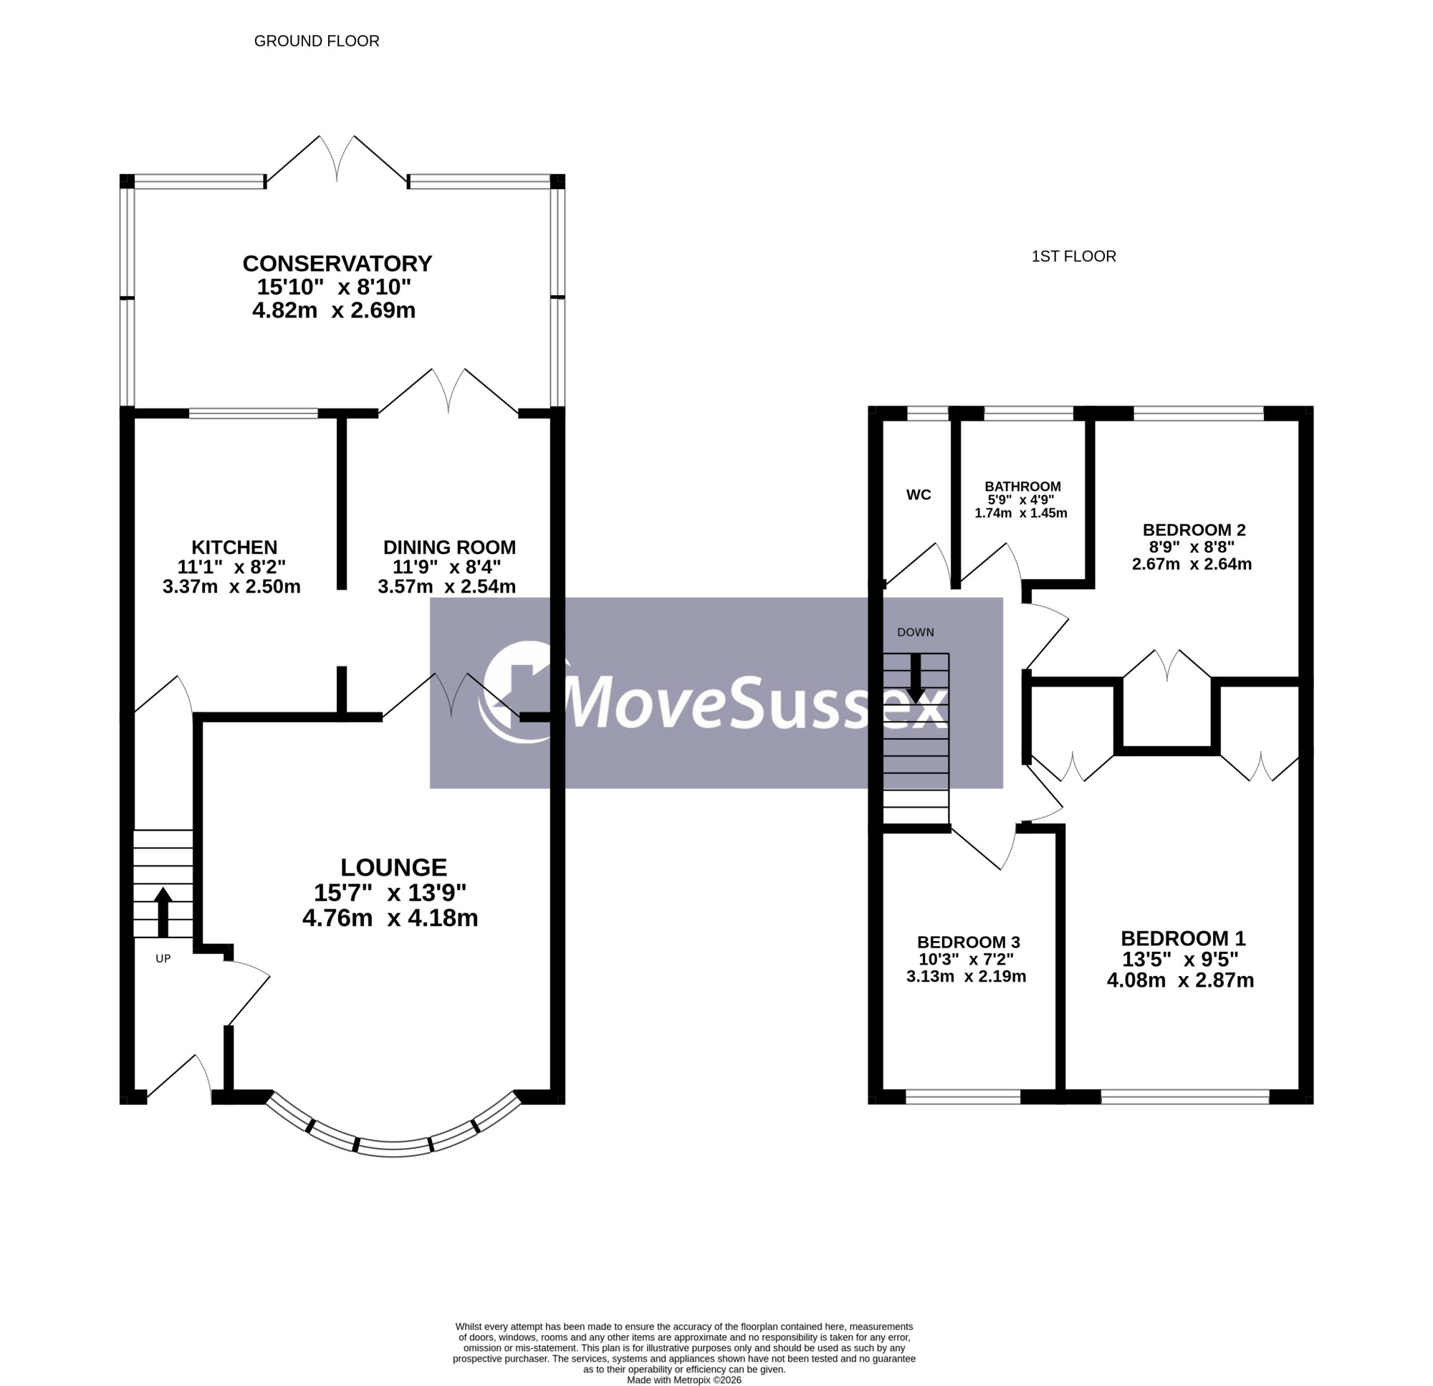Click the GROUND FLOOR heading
pyautogui.click(x=317, y=41)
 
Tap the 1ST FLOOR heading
pyautogui.click(x=1073, y=257)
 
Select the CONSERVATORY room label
pyautogui.click(x=337, y=263)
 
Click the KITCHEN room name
pyautogui.click(x=234, y=547)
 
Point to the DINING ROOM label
pyautogui.click(x=449, y=547)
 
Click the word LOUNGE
pyautogui.click(x=393, y=867)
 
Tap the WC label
pyautogui.click(x=919, y=495)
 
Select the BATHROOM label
pyautogui.click(x=1022, y=487)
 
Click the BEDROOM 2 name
pyautogui.click(x=1194, y=530)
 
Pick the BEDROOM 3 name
pyautogui.click(x=968, y=942)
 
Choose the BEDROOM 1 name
pyautogui.click(x=1183, y=938)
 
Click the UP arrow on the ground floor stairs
pyautogui.click(x=163, y=912)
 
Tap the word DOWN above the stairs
pyautogui.click(x=916, y=632)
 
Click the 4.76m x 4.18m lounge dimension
pyautogui.click(x=390, y=918)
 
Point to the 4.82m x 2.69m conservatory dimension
pyautogui.click(x=333, y=310)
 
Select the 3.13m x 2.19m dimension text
pyautogui.click(x=966, y=976)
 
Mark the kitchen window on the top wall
pyautogui.click(x=253, y=414)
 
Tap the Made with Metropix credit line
pyautogui.click(x=684, y=1380)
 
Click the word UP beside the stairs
pyautogui.click(x=163, y=958)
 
